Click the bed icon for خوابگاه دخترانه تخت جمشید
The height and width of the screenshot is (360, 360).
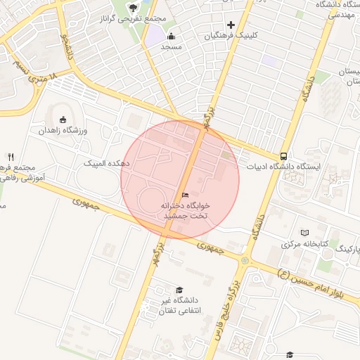(x=185, y=195)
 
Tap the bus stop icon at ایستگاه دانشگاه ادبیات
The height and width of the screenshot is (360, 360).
(x=283, y=156)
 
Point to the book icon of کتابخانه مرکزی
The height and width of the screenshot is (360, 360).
(x=304, y=233)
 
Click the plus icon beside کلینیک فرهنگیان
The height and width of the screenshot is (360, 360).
(x=230, y=25)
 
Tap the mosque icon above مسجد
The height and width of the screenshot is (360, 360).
(x=172, y=36)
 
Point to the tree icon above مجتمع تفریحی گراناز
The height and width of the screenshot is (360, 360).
(x=134, y=8)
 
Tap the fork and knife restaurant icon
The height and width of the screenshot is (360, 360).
(x=11, y=156)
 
